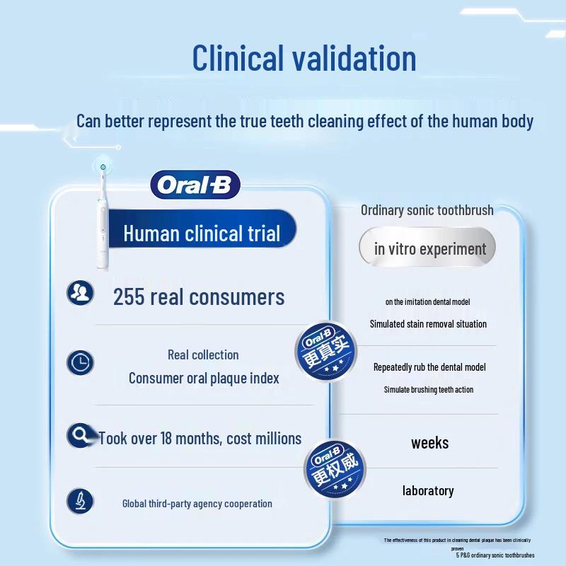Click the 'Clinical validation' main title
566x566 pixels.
[304, 58]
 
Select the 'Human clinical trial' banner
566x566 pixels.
[202, 233]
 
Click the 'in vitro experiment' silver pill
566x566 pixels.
[430, 249]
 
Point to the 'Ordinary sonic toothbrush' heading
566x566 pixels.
[427, 210]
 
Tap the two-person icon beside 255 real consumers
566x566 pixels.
[80, 293]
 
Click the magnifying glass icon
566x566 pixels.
[79, 435]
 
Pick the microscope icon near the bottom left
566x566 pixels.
[80, 501]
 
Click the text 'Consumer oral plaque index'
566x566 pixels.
[204, 379]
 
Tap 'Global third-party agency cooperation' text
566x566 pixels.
[197, 504]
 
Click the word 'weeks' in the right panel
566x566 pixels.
[429, 444]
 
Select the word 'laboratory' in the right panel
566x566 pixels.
[428, 490]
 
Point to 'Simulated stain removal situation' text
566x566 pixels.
[428, 324]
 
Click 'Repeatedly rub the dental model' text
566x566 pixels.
[429, 367]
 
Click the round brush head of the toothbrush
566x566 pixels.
[103, 167]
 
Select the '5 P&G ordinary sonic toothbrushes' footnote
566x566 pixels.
[495, 556]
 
